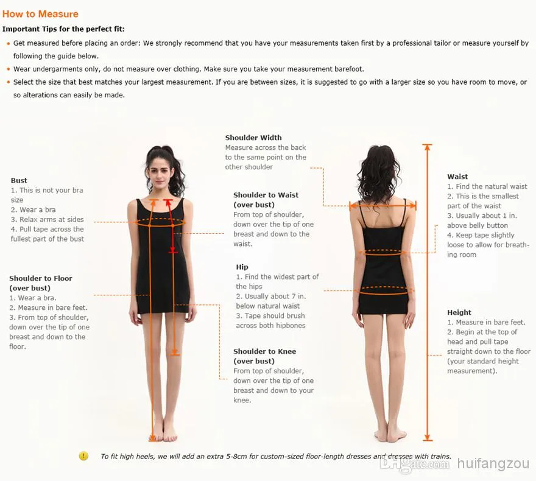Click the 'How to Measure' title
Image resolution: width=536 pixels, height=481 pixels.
(40, 14)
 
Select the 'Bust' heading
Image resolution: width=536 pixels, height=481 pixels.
(19, 180)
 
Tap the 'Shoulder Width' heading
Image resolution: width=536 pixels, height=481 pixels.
(253, 138)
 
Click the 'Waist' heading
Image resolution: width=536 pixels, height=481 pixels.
(457, 177)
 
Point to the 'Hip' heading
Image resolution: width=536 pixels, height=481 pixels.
(242, 267)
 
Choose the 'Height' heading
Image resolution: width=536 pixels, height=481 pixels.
(459, 312)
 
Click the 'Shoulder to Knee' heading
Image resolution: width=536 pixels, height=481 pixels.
(264, 351)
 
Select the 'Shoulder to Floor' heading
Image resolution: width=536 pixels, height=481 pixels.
(41, 278)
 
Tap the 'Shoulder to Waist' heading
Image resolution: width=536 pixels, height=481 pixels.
(266, 195)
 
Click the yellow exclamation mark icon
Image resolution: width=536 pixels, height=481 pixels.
(83, 455)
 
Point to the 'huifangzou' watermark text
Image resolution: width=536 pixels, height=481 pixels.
(493, 463)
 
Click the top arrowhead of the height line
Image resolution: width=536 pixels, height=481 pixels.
(427, 147)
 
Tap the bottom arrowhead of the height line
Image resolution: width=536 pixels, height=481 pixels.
(427, 437)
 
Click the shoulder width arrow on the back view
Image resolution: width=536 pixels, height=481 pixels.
(383, 206)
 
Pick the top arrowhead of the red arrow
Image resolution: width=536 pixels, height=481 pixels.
(167, 202)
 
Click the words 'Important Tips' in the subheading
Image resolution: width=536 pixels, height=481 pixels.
(30, 29)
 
